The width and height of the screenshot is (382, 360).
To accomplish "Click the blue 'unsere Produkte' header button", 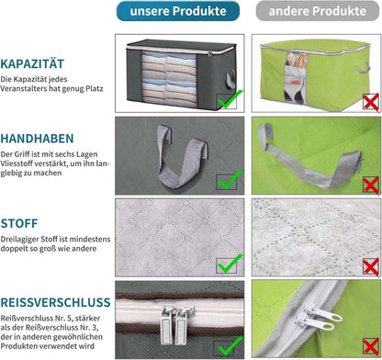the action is pos(178,11).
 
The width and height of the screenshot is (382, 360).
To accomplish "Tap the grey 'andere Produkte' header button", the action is pos(318,11).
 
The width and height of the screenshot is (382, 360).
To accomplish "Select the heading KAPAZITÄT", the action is pos(32,63).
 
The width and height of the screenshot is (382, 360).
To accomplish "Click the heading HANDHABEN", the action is pos(37,139).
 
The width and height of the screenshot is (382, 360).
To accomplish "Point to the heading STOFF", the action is pos(19,223).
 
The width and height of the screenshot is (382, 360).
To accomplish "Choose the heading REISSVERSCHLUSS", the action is pos(55,302).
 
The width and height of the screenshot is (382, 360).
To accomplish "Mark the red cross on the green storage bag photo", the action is pos(371,102).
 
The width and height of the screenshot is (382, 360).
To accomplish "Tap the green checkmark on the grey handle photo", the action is pos(230,180).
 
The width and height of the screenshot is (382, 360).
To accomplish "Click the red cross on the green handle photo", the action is pos(371,186).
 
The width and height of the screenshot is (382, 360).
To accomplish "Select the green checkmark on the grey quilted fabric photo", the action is pos(230,264).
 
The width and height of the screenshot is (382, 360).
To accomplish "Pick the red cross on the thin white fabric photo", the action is pos(371,267).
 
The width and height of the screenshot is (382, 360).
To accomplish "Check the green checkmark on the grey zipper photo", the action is pos(230,346).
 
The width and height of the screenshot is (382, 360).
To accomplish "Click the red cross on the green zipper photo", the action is pos(371,347).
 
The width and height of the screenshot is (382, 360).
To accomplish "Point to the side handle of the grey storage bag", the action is pos(230,79).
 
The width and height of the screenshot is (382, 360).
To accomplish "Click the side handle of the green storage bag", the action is pos(362,68).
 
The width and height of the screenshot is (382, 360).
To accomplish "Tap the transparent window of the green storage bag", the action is pos(296,77).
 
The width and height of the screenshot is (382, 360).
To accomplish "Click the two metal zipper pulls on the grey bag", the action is pos(176,324).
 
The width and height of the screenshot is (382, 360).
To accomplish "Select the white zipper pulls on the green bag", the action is pos(319,319).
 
